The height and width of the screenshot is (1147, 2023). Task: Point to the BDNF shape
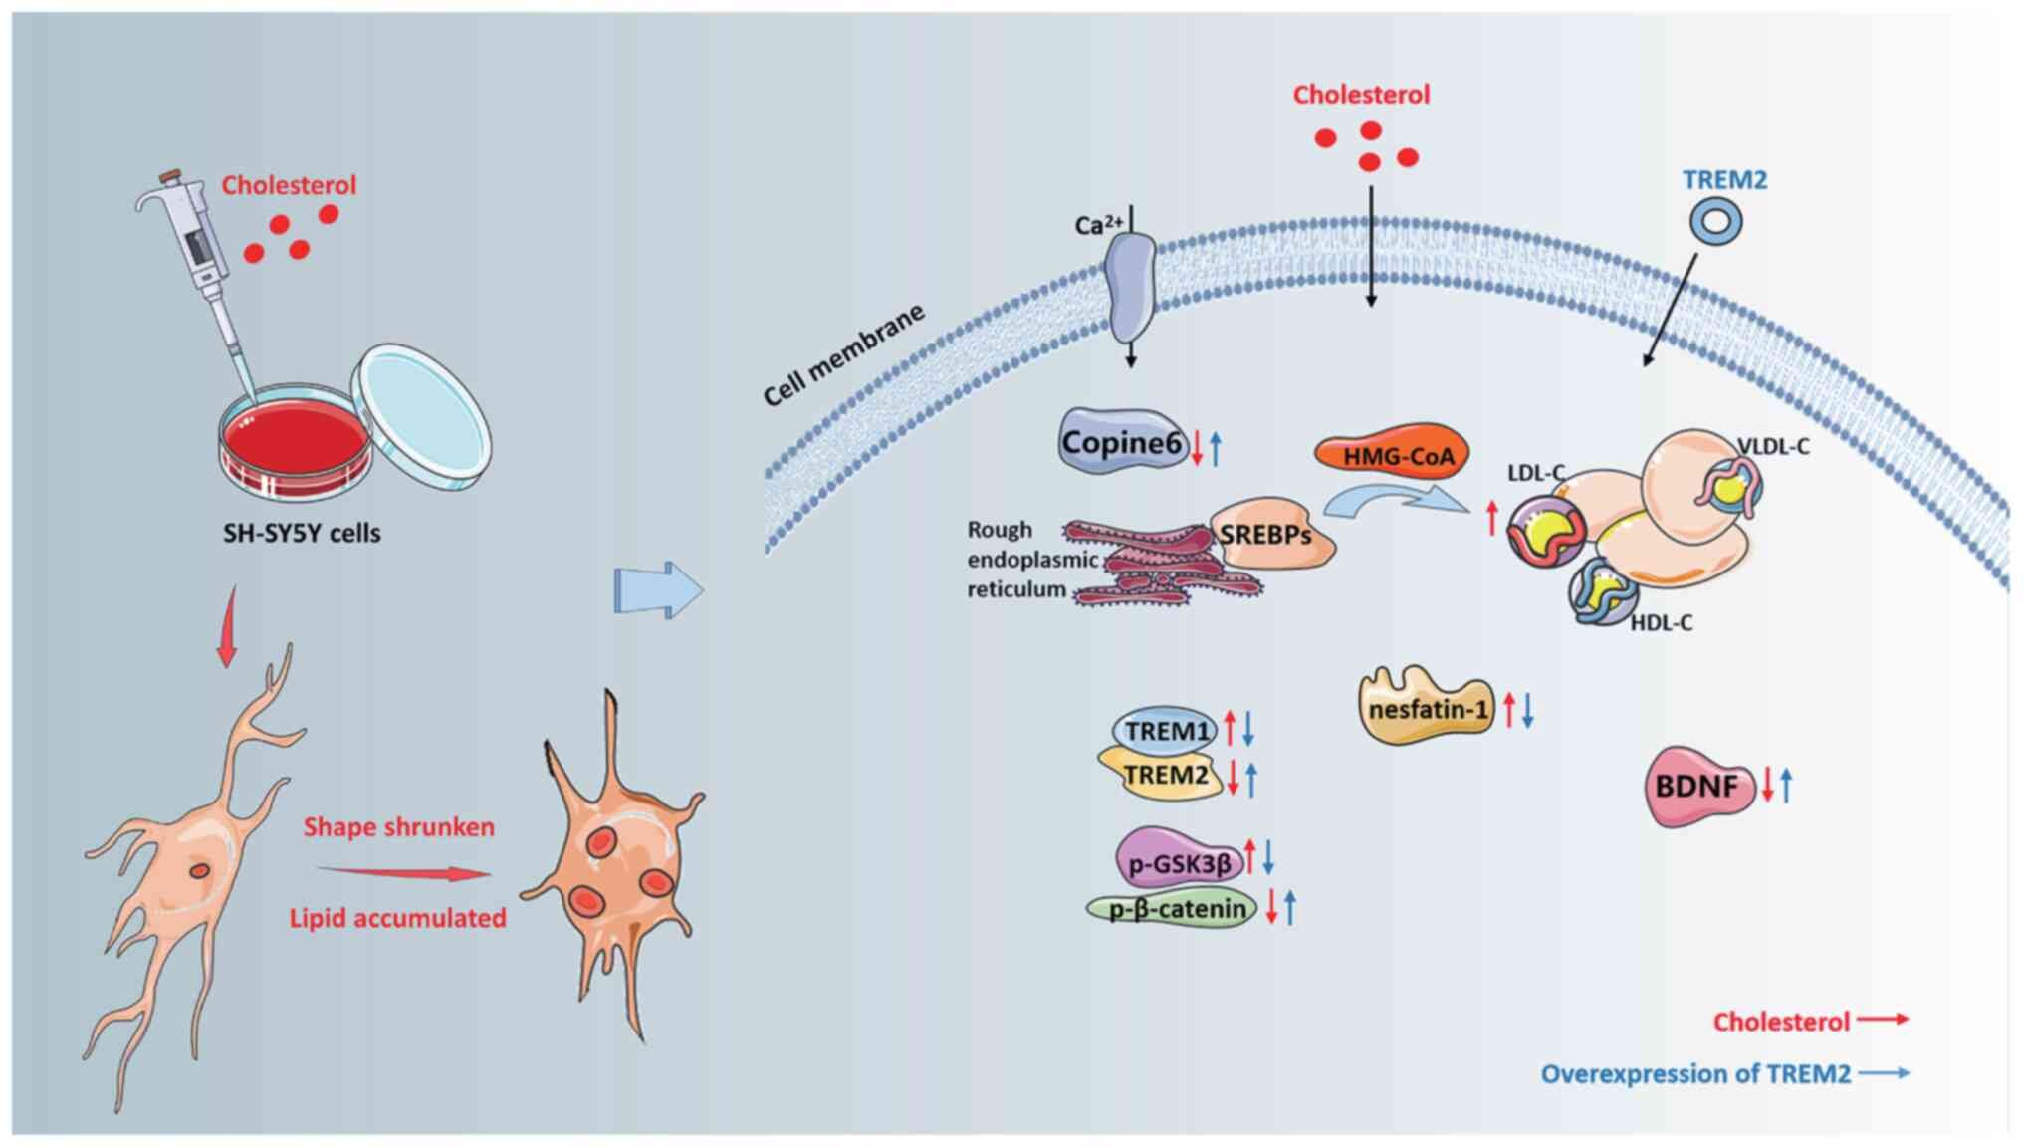(1696, 787)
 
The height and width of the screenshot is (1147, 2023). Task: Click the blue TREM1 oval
(1165, 731)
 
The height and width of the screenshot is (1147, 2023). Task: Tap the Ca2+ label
(1097, 225)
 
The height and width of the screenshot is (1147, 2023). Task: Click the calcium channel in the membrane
(1131, 289)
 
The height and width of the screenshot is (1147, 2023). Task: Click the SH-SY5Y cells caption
(302, 533)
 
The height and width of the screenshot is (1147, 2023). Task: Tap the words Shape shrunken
(398, 827)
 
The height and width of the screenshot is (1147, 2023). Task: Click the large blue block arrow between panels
(658, 590)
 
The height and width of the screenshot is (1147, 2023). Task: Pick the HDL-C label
(1661, 623)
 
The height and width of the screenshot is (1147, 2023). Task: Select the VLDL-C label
(1773, 447)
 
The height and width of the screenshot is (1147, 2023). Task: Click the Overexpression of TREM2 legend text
(1695, 1074)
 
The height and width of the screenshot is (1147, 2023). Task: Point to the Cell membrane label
(843, 355)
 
